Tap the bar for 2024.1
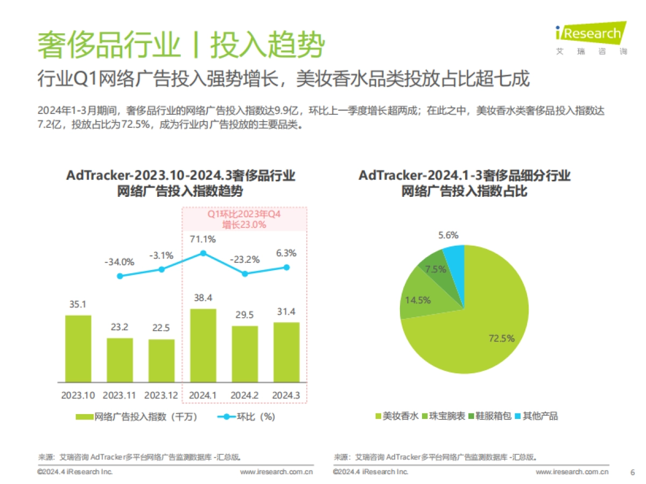203,345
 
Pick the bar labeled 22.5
161,360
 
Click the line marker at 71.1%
203,253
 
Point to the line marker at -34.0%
120,276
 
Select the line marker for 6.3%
286,267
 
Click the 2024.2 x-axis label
245,395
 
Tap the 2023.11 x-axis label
120,395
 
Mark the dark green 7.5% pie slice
437,269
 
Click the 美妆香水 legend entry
396,416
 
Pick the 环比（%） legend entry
247,416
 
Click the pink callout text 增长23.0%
245,225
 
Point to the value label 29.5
245,315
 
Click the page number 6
632,472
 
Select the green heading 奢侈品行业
108,44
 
